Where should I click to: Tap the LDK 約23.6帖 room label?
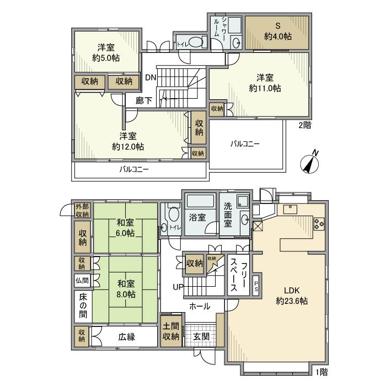pyautogui.click(x=292, y=296)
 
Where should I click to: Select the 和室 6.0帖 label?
pyautogui.click(x=126, y=228)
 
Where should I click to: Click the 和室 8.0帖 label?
pyautogui.click(x=126, y=289)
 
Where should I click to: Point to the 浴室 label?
pyautogui.click(x=198, y=217)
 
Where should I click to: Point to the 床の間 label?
pyautogui.click(x=82, y=306)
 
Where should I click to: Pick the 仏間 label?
pyautogui.click(x=82, y=280)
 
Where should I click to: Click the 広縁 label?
pyautogui.click(x=126, y=336)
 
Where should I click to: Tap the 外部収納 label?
pyautogui.click(x=82, y=211)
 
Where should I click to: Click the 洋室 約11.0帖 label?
pyautogui.click(x=265, y=83)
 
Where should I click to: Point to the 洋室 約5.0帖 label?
pyautogui.click(x=106, y=53)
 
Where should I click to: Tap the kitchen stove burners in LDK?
pyautogui.click(x=318, y=223)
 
